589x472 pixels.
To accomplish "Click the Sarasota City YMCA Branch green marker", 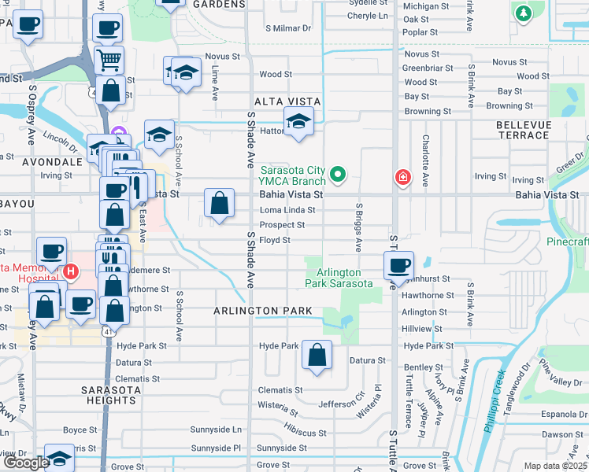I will click(x=339, y=174).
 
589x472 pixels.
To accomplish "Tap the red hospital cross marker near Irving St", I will click(x=403, y=177).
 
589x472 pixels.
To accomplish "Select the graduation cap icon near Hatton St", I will click(x=298, y=122).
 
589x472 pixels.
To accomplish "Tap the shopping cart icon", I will click(x=109, y=59).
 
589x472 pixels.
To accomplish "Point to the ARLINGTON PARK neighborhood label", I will click(x=264, y=312).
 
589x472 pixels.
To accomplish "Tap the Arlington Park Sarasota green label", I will click(x=339, y=278).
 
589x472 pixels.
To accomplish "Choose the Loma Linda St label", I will click(x=287, y=210).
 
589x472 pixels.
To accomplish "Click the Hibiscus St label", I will click(x=306, y=433).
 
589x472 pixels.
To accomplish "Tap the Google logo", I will click(x=25, y=463).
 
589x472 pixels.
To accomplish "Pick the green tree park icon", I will click(x=523, y=13).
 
